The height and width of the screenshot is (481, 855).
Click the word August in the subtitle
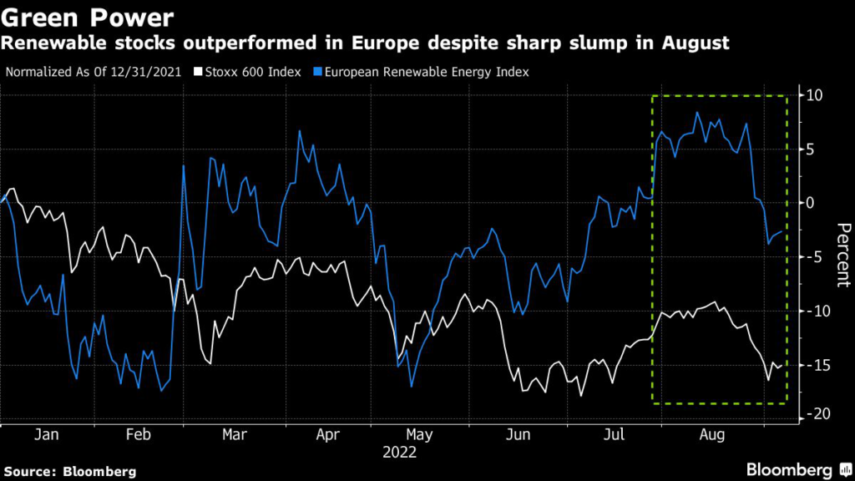pyautogui.click(x=687, y=43)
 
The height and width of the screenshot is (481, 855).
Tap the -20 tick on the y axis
pyautogui.click(x=815, y=415)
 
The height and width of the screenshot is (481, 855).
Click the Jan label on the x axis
pyautogui.click(x=48, y=435)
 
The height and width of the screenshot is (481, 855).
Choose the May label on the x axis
pyautogui.click(x=419, y=435)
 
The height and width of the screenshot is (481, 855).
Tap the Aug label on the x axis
pyautogui.click(x=711, y=435)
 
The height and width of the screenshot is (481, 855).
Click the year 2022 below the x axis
pyautogui.click(x=401, y=453)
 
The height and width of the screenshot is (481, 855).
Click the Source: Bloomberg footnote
pyautogui.click(x=69, y=471)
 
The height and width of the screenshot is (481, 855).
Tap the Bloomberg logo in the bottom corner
pyautogui.click(x=789, y=469)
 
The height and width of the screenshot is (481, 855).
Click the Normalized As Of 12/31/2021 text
pyautogui.click(x=94, y=72)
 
